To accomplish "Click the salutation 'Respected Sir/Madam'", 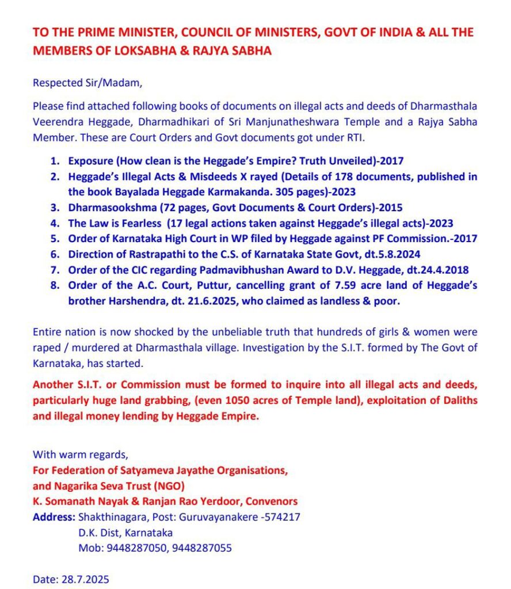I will pos(87,82).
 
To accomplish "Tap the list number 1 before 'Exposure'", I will pos(54,161).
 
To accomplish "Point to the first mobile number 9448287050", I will pos(133,548).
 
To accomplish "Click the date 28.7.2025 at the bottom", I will pos(85,579).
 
